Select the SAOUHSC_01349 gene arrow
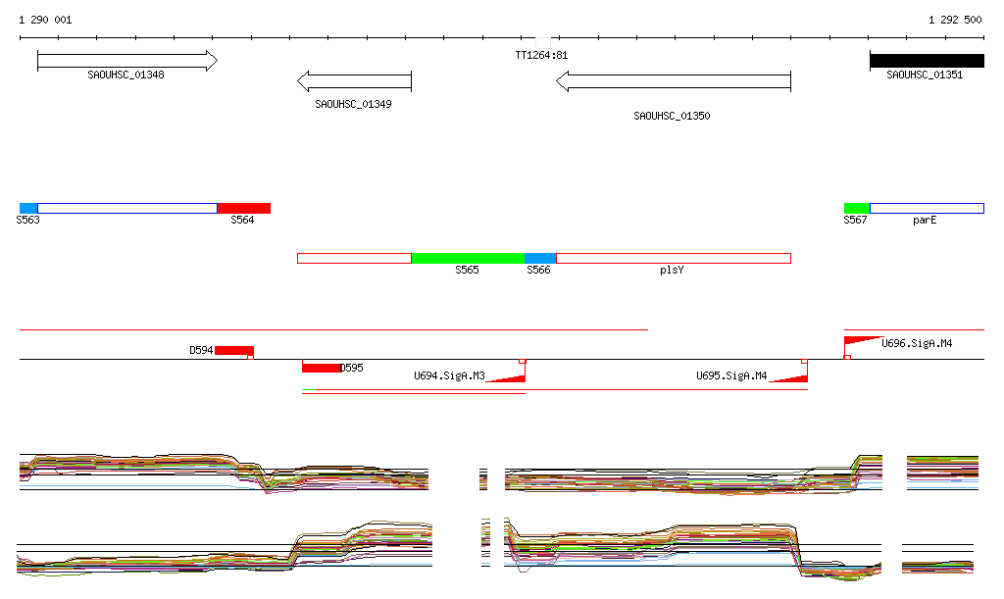(x=354, y=80)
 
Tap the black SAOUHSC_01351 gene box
(x=926, y=61)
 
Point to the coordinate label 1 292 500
(x=954, y=21)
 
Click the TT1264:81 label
(x=541, y=56)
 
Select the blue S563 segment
(x=28, y=208)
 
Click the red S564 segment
(x=243, y=208)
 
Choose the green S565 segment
(x=468, y=258)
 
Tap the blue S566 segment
(x=540, y=258)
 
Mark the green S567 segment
(x=857, y=208)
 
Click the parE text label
(x=925, y=221)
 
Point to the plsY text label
(x=672, y=270)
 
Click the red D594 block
(x=234, y=351)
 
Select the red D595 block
(x=322, y=368)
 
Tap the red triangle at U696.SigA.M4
(x=860, y=340)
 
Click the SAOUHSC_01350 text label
(x=672, y=116)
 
